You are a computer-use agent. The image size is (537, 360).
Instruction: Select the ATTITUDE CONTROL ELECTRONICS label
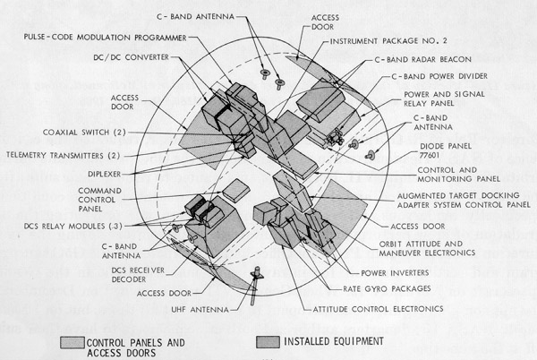click(x=382, y=308)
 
